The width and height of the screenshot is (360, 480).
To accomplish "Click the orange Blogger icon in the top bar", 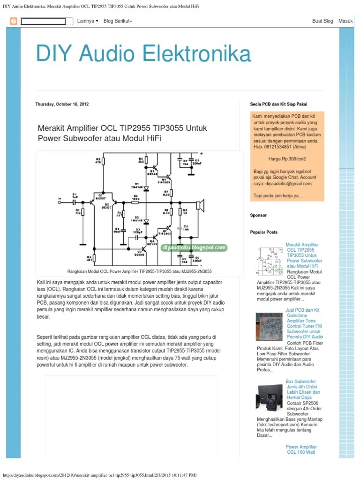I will [x=13, y=21].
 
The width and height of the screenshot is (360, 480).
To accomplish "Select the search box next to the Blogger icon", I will [x=46, y=21].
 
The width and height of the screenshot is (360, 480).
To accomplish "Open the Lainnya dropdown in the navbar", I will [x=87, y=21].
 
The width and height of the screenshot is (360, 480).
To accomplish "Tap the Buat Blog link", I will [x=322, y=21].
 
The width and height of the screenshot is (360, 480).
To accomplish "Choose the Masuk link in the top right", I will [x=345, y=21].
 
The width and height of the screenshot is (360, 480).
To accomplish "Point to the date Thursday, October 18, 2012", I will [x=62, y=104].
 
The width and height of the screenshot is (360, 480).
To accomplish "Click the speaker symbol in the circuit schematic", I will [x=200, y=205].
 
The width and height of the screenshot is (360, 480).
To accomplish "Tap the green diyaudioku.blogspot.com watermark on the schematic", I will [x=194, y=247].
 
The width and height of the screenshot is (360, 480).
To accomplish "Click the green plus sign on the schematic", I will [x=202, y=154].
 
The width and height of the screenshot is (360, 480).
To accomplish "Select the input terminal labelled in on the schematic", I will [x=60, y=200].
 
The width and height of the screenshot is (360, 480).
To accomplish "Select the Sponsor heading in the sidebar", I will [x=258, y=216].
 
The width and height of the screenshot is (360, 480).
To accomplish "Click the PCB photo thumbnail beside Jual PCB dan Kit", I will [x=269, y=327].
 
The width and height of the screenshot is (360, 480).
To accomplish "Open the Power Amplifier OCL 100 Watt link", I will [x=301, y=450].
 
